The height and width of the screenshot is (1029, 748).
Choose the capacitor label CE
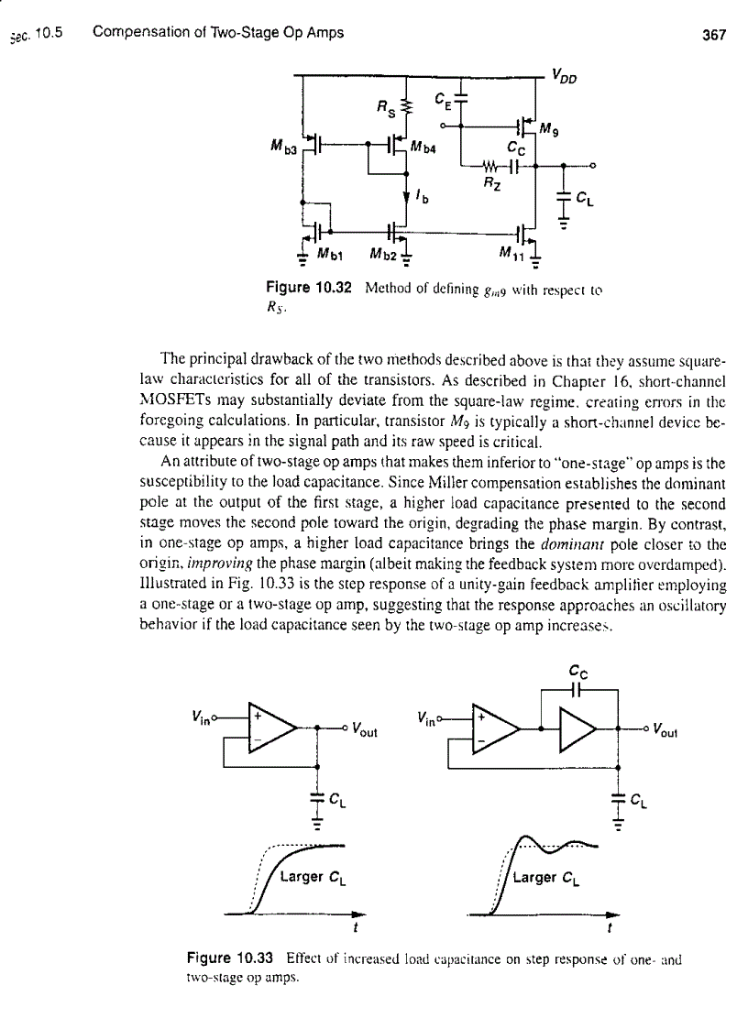pyautogui.click(x=443, y=98)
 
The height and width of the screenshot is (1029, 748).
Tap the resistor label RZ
pyautogui.click(x=492, y=183)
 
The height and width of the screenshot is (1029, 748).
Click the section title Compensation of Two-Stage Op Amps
pyautogui.click(x=218, y=33)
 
